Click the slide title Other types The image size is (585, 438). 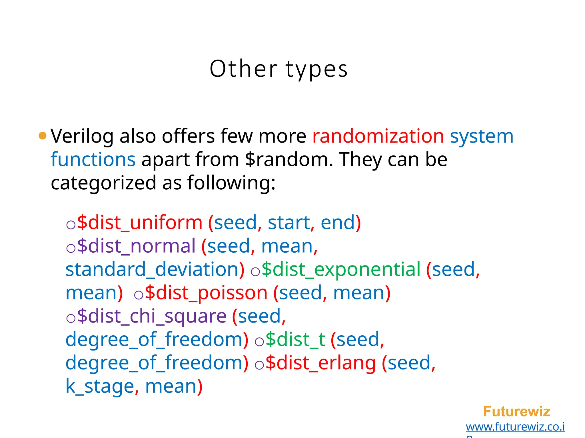click(279, 69)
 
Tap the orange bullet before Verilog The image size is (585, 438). click(42, 136)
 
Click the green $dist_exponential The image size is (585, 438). click(341, 269)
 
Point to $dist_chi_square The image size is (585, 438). click(152, 316)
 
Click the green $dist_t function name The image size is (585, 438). click(295, 340)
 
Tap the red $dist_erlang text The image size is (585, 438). click(320, 363)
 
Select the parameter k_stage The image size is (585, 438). click(100, 386)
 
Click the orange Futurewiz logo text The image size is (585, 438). click(516, 411)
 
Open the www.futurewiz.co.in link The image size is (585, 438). click(515, 427)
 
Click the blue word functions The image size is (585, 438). click(93, 159)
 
